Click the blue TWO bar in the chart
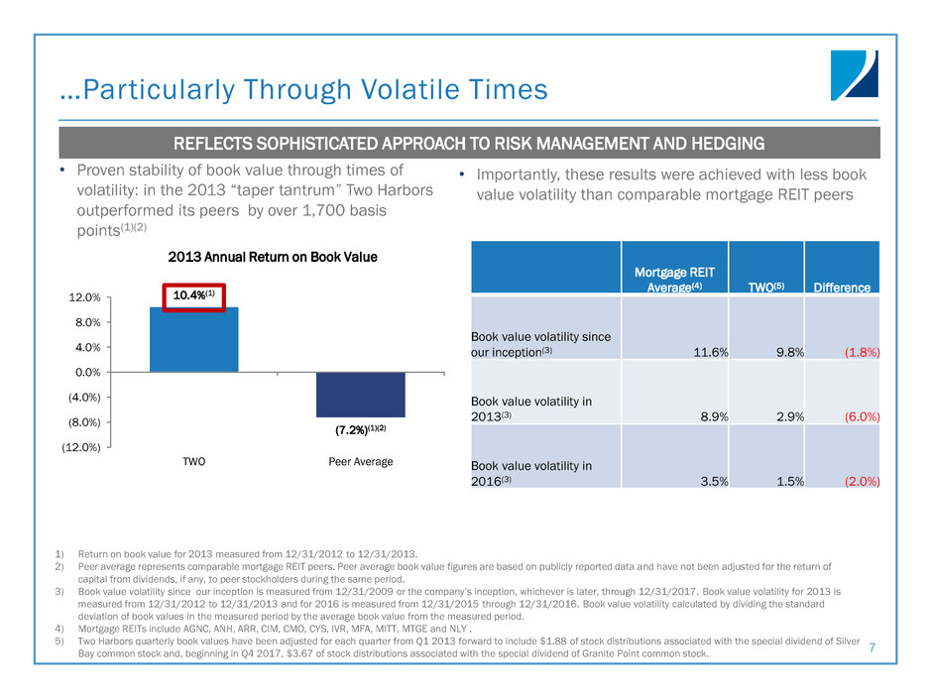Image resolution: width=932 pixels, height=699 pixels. click(x=193, y=339)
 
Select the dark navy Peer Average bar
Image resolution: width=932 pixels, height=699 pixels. click(x=361, y=395)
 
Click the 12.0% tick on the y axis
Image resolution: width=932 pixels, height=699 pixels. click(x=85, y=297)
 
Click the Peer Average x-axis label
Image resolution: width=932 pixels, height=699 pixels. click(x=361, y=462)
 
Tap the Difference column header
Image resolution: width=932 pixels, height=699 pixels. click(x=842, y=288)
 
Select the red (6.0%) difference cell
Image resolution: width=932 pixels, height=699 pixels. click(x=861, y=415)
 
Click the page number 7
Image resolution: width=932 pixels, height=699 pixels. click(x=873, y=647)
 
